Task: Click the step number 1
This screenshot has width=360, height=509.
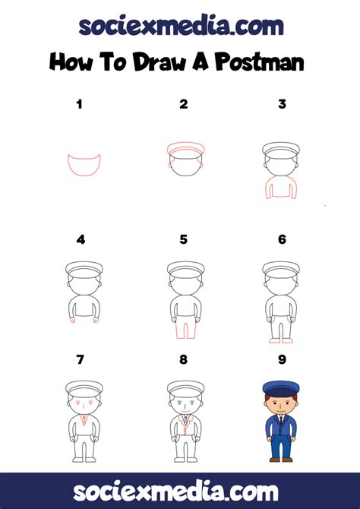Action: pos(79,104)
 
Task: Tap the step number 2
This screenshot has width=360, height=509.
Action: pos(183,104)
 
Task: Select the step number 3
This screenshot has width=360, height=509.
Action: pos(282,104)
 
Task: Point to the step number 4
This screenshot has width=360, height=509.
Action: pos(81,239)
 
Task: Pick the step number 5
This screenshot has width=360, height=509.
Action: pos(183,239)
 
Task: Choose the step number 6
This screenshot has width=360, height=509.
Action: pos(282,239)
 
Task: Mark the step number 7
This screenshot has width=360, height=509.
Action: pos(80,359)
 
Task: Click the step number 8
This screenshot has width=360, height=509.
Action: pos(183,359)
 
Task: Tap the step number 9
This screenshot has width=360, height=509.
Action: pos(282,359)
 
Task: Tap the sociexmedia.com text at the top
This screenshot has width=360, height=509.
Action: pos(180,25)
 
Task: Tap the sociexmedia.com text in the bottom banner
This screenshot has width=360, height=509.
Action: pos(180,490)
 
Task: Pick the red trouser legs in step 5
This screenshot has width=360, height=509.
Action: pos(182,328)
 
